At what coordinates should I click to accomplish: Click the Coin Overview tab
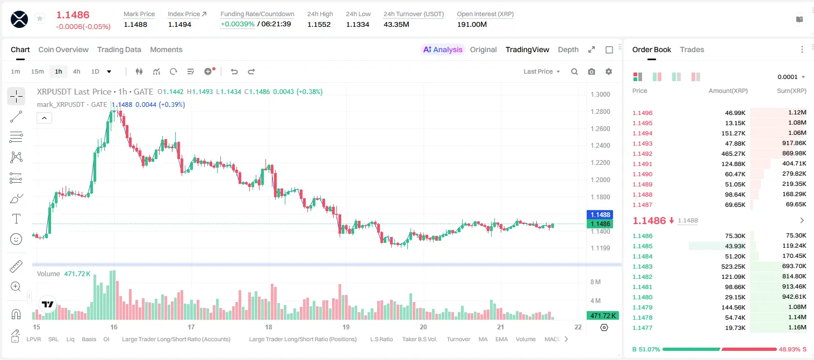63,49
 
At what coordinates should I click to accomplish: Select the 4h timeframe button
76,71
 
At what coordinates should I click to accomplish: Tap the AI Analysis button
443,49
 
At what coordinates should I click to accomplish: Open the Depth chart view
568,49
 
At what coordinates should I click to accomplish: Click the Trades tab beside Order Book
692,49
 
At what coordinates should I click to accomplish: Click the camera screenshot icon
592,71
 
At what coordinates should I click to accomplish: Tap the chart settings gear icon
609,71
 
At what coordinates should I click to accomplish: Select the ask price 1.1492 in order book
642,154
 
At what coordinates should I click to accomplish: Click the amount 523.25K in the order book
733,267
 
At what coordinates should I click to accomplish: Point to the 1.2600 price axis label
600,128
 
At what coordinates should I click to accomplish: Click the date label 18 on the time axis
269,327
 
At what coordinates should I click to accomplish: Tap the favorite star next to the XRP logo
40,18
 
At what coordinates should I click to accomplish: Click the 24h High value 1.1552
319,24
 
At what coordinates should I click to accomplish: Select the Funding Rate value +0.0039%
237,24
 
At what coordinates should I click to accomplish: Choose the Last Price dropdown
542,71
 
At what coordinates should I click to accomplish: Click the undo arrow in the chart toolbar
234,71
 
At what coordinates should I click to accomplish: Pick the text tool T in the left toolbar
16,219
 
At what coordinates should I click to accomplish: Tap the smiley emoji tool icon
16,239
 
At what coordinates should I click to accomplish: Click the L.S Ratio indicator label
381,339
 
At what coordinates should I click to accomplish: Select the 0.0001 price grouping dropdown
791,77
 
